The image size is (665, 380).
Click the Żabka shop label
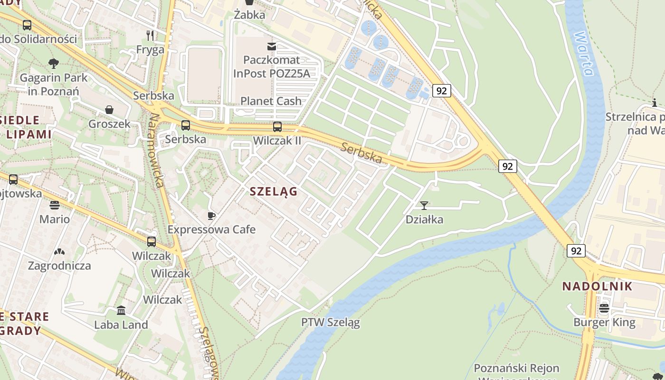point(249,15)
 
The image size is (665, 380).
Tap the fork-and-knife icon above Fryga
point(150,35)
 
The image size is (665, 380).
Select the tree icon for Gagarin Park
point(54,63)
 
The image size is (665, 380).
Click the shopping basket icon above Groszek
point(109,110)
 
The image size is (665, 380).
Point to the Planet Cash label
point(271,101)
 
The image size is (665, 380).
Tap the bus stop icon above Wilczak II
point(277,127)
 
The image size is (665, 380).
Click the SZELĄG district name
point(274,191)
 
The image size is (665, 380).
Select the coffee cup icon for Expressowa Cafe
point(211,216)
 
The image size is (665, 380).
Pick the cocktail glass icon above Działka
point(424,205)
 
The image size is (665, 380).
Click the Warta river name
point(584,53)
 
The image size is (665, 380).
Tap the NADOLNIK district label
point(597,286)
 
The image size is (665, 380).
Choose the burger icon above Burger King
point(604,308)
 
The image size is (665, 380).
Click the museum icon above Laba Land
point(121,311)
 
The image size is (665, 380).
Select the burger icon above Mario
point(55,205)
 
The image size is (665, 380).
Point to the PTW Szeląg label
point(330,322)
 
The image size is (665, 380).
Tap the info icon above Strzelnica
point(655,103)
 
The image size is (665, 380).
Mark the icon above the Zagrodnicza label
point(59,252)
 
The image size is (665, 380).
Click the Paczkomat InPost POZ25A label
point(271,66)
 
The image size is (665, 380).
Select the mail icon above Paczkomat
point(272,46)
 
